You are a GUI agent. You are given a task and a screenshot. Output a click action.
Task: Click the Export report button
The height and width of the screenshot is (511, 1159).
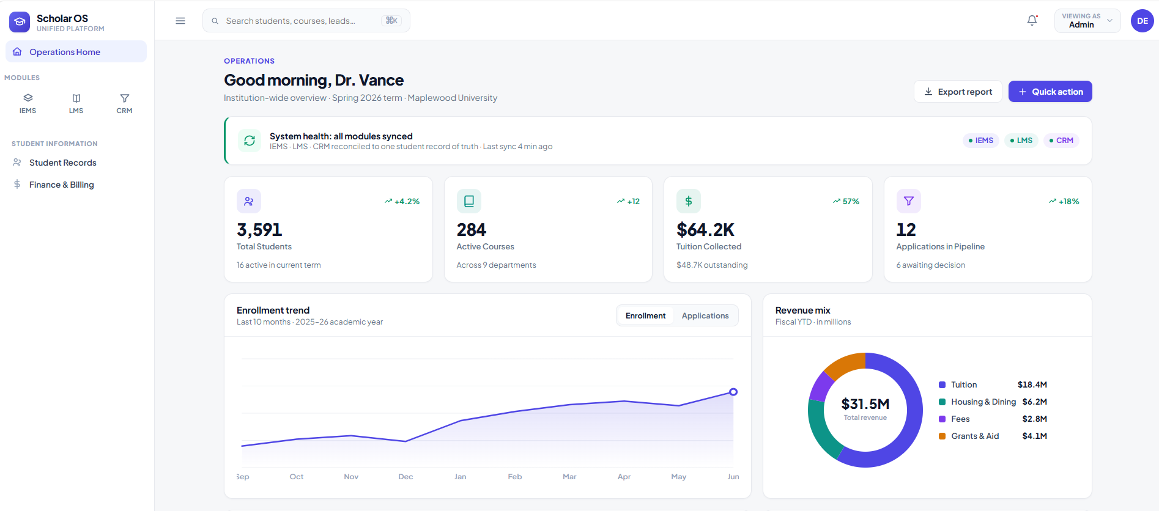click(x=958, y=92)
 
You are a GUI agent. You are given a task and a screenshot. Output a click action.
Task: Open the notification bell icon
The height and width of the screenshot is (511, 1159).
click(x=1032, y=21)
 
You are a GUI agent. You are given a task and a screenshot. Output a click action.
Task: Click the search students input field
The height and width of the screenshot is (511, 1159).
click(x=306, y=21)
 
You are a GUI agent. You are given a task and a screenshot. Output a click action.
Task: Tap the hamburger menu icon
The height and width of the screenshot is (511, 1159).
click(x=180, y=21)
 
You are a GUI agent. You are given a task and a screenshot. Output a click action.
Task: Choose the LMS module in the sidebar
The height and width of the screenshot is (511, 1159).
click(x=76, y=103)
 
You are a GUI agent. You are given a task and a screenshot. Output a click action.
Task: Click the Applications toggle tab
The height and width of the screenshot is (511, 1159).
click(x=705, y=316)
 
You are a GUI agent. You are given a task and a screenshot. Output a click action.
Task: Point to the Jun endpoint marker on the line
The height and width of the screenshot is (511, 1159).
click(x=733, y=392)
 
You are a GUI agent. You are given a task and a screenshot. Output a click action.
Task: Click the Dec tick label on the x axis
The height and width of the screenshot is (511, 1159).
click(x=405, y=477)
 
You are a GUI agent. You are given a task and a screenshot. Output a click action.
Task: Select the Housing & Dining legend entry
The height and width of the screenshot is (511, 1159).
click(x=993, y=402)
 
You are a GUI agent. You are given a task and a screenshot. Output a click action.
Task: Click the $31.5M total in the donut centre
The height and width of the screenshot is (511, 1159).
click(x=865, y=404)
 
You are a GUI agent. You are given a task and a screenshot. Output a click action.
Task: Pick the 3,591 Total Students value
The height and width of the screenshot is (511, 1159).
click(x=259, y=230)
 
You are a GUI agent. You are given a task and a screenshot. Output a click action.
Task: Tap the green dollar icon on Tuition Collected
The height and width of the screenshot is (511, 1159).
click(x=689, y=201)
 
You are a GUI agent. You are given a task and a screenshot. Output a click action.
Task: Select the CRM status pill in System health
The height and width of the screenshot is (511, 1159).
click(x=1061, y=141)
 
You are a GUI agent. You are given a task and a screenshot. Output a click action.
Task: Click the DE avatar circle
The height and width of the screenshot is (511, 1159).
click(x=1142, y=21)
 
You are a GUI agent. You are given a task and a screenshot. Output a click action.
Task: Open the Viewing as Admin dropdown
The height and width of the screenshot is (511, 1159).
click(x=1087, y=21)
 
